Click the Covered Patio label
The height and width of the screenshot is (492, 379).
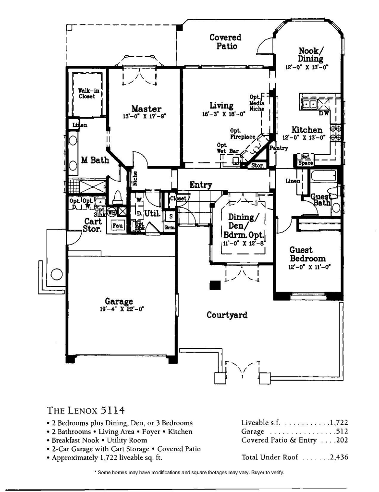tap(225, 42)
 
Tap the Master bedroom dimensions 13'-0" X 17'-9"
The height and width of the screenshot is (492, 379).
tap(144, 116)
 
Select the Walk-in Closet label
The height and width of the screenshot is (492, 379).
tap(86, 93)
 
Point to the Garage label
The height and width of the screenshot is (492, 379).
tap(116, 302)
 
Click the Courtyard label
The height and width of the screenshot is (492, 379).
tap(227, 315)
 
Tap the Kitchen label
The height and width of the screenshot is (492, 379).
tap(307, 130)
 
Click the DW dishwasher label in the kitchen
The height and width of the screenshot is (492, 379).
tap(323, 114)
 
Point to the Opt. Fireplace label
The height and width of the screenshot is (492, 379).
tap(243, 134)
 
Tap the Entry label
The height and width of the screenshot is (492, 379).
tap(201, 184)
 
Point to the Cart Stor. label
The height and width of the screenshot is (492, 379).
tap(92, 225)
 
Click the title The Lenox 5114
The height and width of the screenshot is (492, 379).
tap(86, 410)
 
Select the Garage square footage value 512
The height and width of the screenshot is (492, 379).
tap(342, 431)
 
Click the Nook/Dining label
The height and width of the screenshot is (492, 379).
tap(311, 54)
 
